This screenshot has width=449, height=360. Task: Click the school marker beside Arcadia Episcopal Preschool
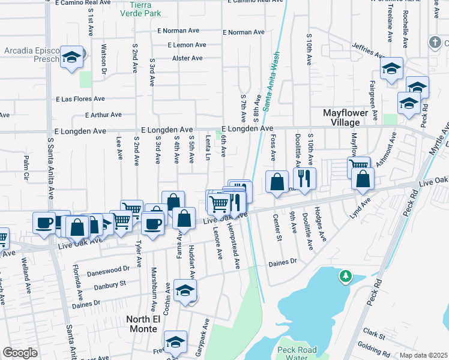pos(72,58)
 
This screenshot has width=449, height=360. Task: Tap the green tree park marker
pos(345,277)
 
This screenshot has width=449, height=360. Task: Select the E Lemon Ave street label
pos(187,45)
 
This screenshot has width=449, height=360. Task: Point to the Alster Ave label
pos(187,58)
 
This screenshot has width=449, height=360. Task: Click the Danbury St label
pos(109,283)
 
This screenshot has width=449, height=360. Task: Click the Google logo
pos(20,353)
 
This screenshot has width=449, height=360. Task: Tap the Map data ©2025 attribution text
pos(423,355)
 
